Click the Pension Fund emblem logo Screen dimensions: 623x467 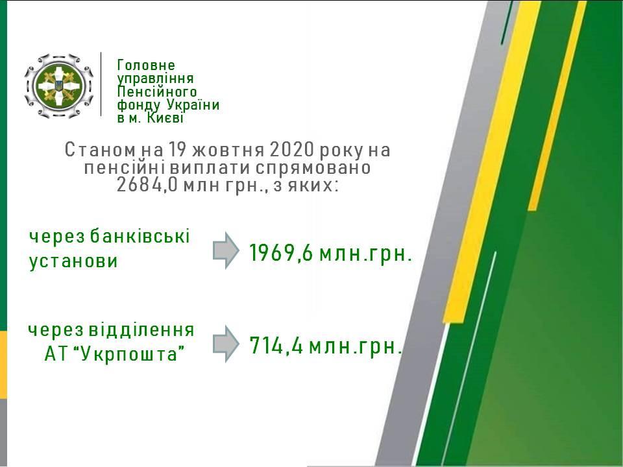[59, 86]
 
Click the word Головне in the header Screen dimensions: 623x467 [146, 65]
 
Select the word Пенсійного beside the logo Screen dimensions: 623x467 [157, 91]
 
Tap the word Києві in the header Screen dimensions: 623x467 [165, 118]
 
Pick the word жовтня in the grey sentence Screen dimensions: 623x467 [228, 150]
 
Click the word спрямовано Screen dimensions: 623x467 [313, 167]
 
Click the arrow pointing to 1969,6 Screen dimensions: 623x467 [226, 250]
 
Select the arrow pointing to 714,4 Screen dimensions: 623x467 [226, 344]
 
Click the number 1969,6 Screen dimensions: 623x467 [281, 253]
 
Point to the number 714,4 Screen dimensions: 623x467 [276, 346]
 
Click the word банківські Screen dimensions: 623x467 [140, 236]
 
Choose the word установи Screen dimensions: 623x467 [73, 261]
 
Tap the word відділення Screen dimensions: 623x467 [141, 329]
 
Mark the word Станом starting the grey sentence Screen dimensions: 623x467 [100, 150]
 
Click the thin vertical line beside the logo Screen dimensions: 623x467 [101, 84]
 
